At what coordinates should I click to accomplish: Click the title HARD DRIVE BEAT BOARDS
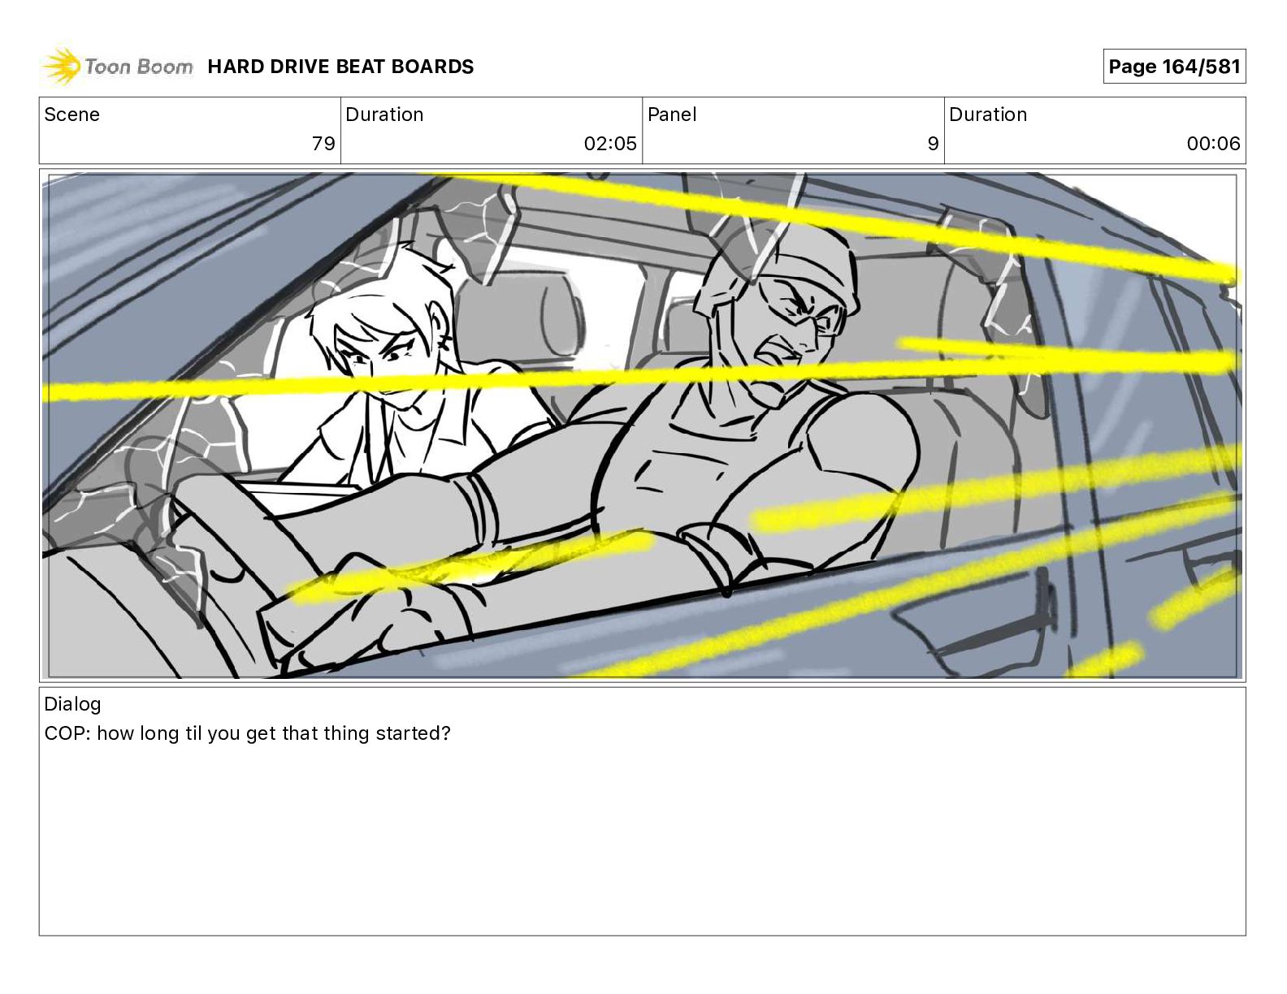(340, 67)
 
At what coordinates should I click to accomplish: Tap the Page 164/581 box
(1174, 67)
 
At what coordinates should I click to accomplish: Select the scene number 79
(323, 143)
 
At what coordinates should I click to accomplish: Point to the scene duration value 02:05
(610, 143)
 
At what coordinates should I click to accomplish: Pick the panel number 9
(933, 143)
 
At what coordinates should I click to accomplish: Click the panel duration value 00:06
(1213, 143)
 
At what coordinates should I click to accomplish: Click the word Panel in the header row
(672, 115)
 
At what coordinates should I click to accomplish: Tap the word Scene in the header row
(71, 115)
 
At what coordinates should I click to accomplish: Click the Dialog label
(72, 704)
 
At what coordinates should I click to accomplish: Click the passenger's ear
(439, 330)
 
